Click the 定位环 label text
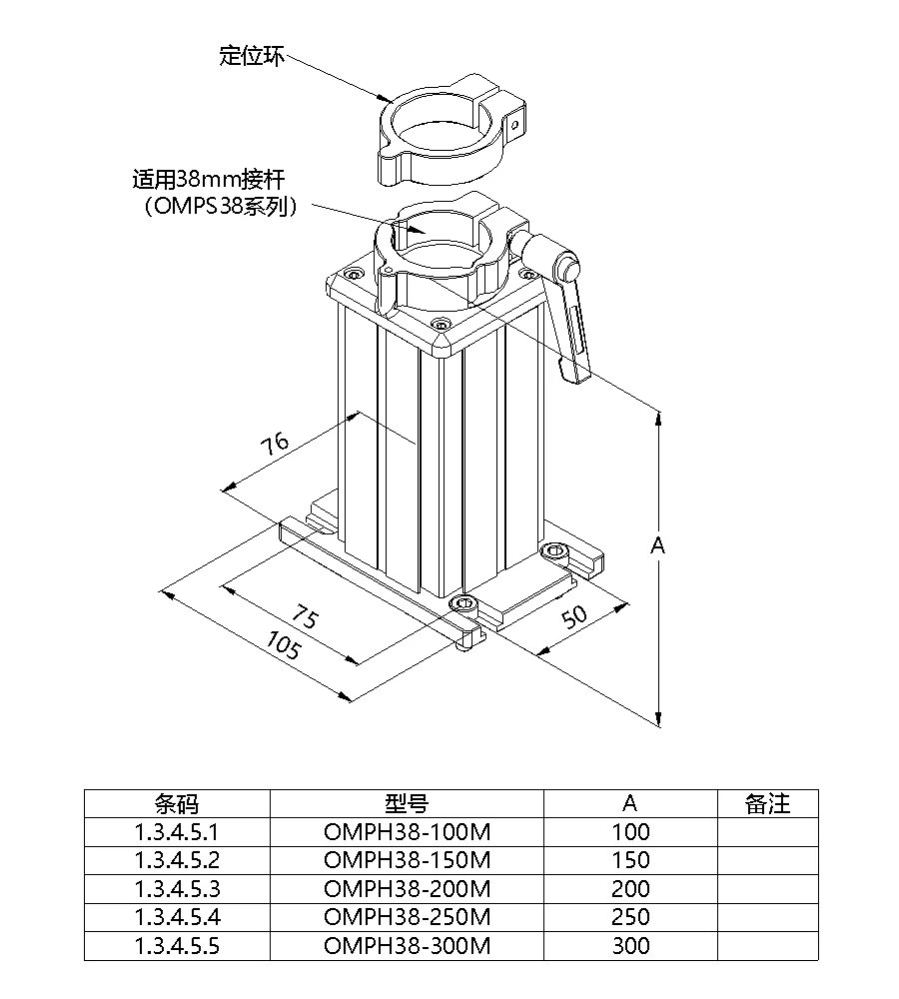252,55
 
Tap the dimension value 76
275,444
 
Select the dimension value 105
283,644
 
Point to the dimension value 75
305,616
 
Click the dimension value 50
574,615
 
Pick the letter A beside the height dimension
657,545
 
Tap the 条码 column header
177,804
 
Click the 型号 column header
407,804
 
